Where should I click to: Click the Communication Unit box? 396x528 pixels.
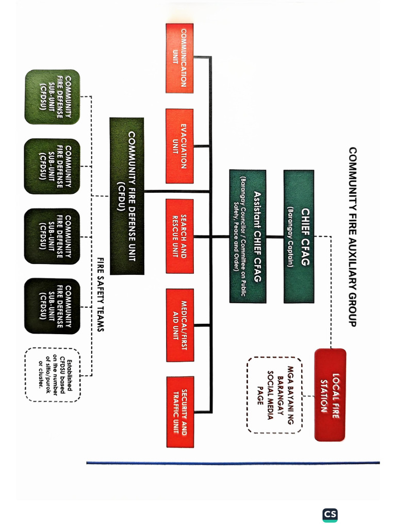(179, 58)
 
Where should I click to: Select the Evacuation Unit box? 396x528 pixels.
(179, 146)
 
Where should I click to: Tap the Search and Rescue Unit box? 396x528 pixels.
(179, 236)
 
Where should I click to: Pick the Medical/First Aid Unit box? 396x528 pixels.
(179, 325)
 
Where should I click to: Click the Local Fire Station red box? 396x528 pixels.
(330, 395)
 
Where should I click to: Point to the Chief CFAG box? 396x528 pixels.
(299, 236)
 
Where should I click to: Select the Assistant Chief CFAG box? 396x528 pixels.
(247, 236)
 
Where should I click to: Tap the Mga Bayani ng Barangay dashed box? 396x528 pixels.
(274, 395)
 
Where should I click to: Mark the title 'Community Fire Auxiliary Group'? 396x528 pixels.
(353, 236)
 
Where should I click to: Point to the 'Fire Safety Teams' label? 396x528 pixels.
(101, 294)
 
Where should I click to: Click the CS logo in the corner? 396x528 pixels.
(330, 515)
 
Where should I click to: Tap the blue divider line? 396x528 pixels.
(232, 463)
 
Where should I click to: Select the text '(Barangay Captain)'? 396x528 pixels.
(290, 236)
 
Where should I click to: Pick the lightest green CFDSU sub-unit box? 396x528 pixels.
(52, 97)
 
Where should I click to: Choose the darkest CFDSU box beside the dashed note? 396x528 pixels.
(52, 306)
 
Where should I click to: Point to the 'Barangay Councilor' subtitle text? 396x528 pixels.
(240, 236)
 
